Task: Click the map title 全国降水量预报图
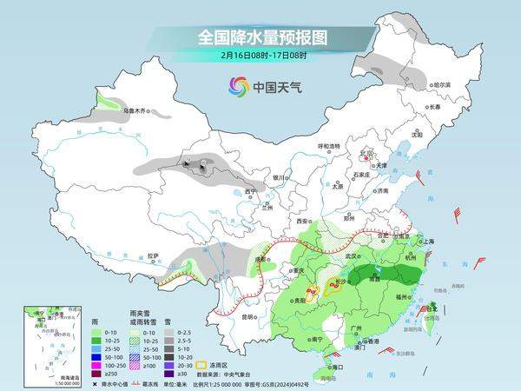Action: click(x=260, y=37)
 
